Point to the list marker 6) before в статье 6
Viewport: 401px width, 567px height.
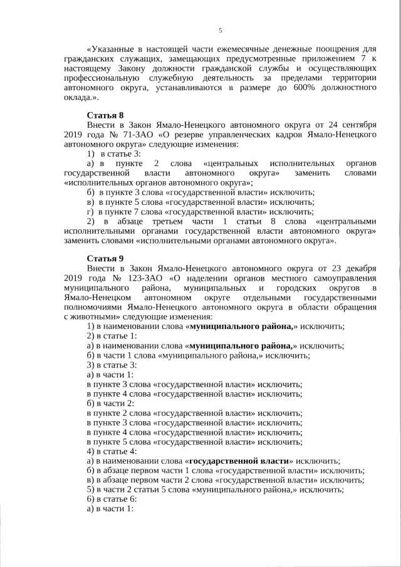(91, 499)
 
